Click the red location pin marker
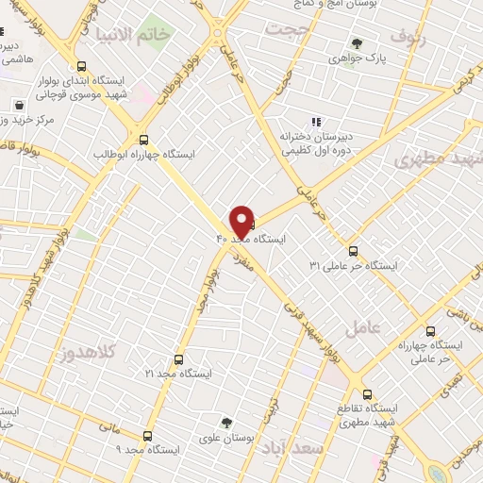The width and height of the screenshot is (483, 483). [241, 221]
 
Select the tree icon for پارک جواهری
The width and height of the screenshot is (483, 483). [357, 42]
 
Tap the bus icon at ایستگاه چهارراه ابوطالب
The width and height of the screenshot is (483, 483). [142, 137]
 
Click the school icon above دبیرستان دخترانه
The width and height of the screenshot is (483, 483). [316, 121]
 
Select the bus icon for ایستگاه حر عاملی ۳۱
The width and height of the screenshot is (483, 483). [353, 251]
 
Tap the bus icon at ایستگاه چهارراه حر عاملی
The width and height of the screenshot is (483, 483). [430, 331]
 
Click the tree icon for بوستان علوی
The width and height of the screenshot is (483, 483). [225, 422]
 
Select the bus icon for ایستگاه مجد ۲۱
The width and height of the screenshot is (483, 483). [179, 359]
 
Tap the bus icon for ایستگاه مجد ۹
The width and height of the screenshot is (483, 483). [146, 436]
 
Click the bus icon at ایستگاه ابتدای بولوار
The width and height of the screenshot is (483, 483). [82, 66]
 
